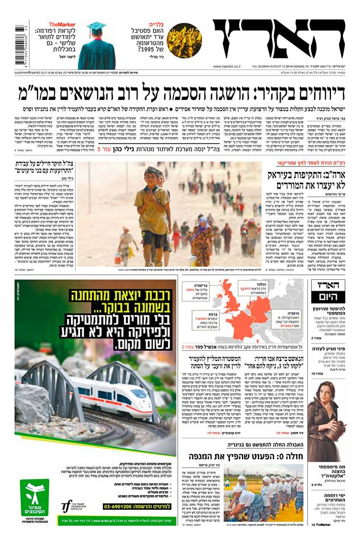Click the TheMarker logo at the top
pyautogui.click(x=62, y=24)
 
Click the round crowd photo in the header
pyautogui.click(x=184, y=40)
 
